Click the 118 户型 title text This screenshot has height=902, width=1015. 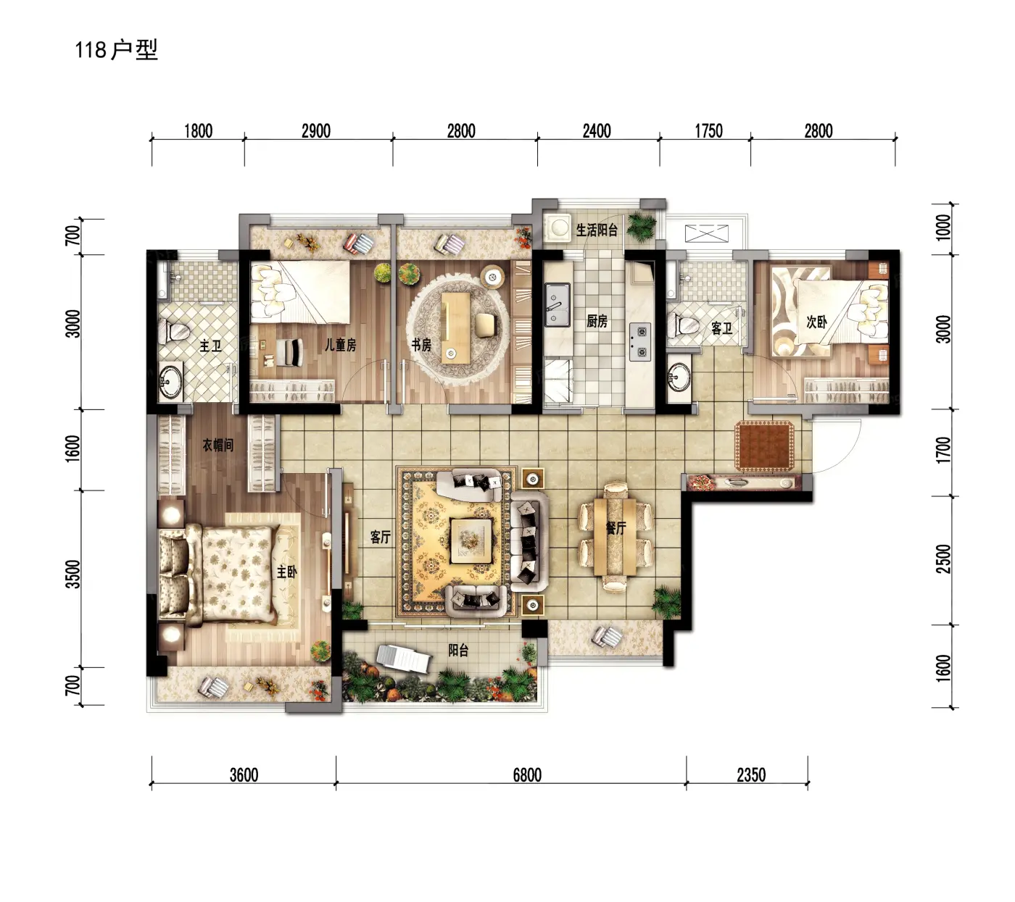coord(116,50)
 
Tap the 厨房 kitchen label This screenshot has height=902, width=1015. coord(597,321)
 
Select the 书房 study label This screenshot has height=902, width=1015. coord(421,344)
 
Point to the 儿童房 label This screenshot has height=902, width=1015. coord(340,344)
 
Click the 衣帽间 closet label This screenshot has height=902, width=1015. coord(218,445)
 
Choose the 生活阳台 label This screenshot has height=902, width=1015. coord(597,230)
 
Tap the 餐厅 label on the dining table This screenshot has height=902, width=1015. coord(616,527)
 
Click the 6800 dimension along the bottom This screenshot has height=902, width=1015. coord(527,775)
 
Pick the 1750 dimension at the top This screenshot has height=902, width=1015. coord(708,131)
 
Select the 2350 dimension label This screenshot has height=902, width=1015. coord(751,775)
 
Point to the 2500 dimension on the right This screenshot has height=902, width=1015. coord(943,559)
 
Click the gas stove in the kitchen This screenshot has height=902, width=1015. coord(640,343)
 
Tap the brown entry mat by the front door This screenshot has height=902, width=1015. coord(764,446)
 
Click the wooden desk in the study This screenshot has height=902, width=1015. coord(455,327)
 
